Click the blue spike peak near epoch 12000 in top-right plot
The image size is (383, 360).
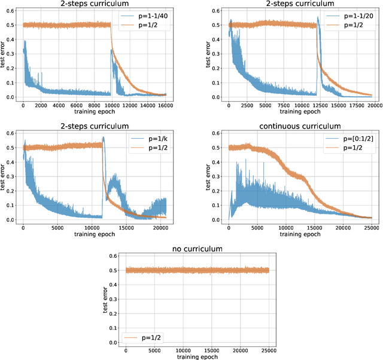318,17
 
